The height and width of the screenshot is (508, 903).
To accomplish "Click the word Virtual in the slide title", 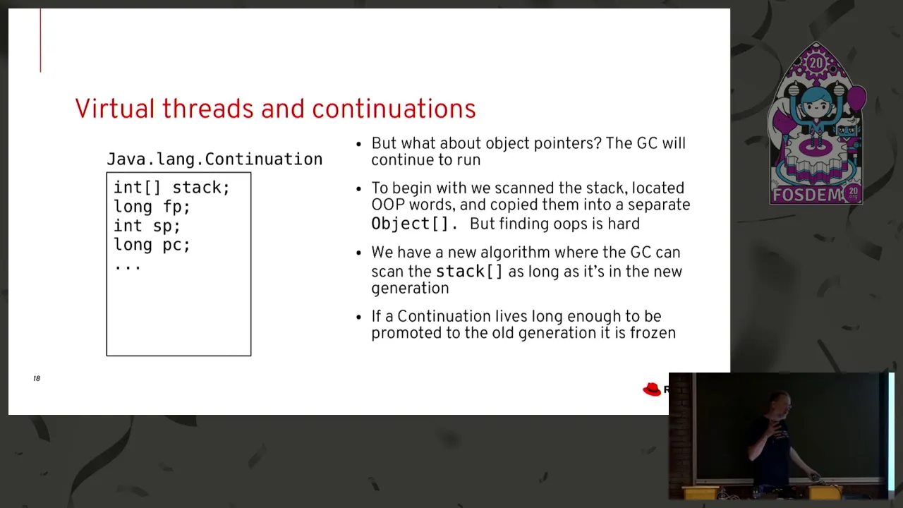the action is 115,109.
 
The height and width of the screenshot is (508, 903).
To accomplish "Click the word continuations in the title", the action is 394,109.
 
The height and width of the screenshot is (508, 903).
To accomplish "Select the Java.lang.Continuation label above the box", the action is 214,159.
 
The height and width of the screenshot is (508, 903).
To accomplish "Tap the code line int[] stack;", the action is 171,188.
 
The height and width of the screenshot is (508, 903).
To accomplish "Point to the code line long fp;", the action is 152,207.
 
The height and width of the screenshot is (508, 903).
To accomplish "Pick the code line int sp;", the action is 147,226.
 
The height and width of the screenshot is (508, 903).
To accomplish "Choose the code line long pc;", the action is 152,245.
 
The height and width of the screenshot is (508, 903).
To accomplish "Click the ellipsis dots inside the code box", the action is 128,267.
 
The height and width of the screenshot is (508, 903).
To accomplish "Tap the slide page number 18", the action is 37,378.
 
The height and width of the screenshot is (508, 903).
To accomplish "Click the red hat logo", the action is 652,389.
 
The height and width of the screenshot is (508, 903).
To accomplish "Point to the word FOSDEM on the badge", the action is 806,195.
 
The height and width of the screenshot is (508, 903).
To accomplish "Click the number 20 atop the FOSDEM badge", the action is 816,63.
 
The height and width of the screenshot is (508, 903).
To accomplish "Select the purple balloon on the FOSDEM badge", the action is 856,97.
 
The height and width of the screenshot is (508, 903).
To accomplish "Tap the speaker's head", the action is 781,404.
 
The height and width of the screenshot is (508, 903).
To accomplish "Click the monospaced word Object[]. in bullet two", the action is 414,224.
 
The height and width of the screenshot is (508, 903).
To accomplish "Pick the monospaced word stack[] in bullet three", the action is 470,272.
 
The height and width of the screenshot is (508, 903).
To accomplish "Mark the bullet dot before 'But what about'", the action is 359,145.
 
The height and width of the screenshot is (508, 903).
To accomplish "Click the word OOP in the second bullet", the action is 388,205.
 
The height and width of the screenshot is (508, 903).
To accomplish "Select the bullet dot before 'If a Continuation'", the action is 359,317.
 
